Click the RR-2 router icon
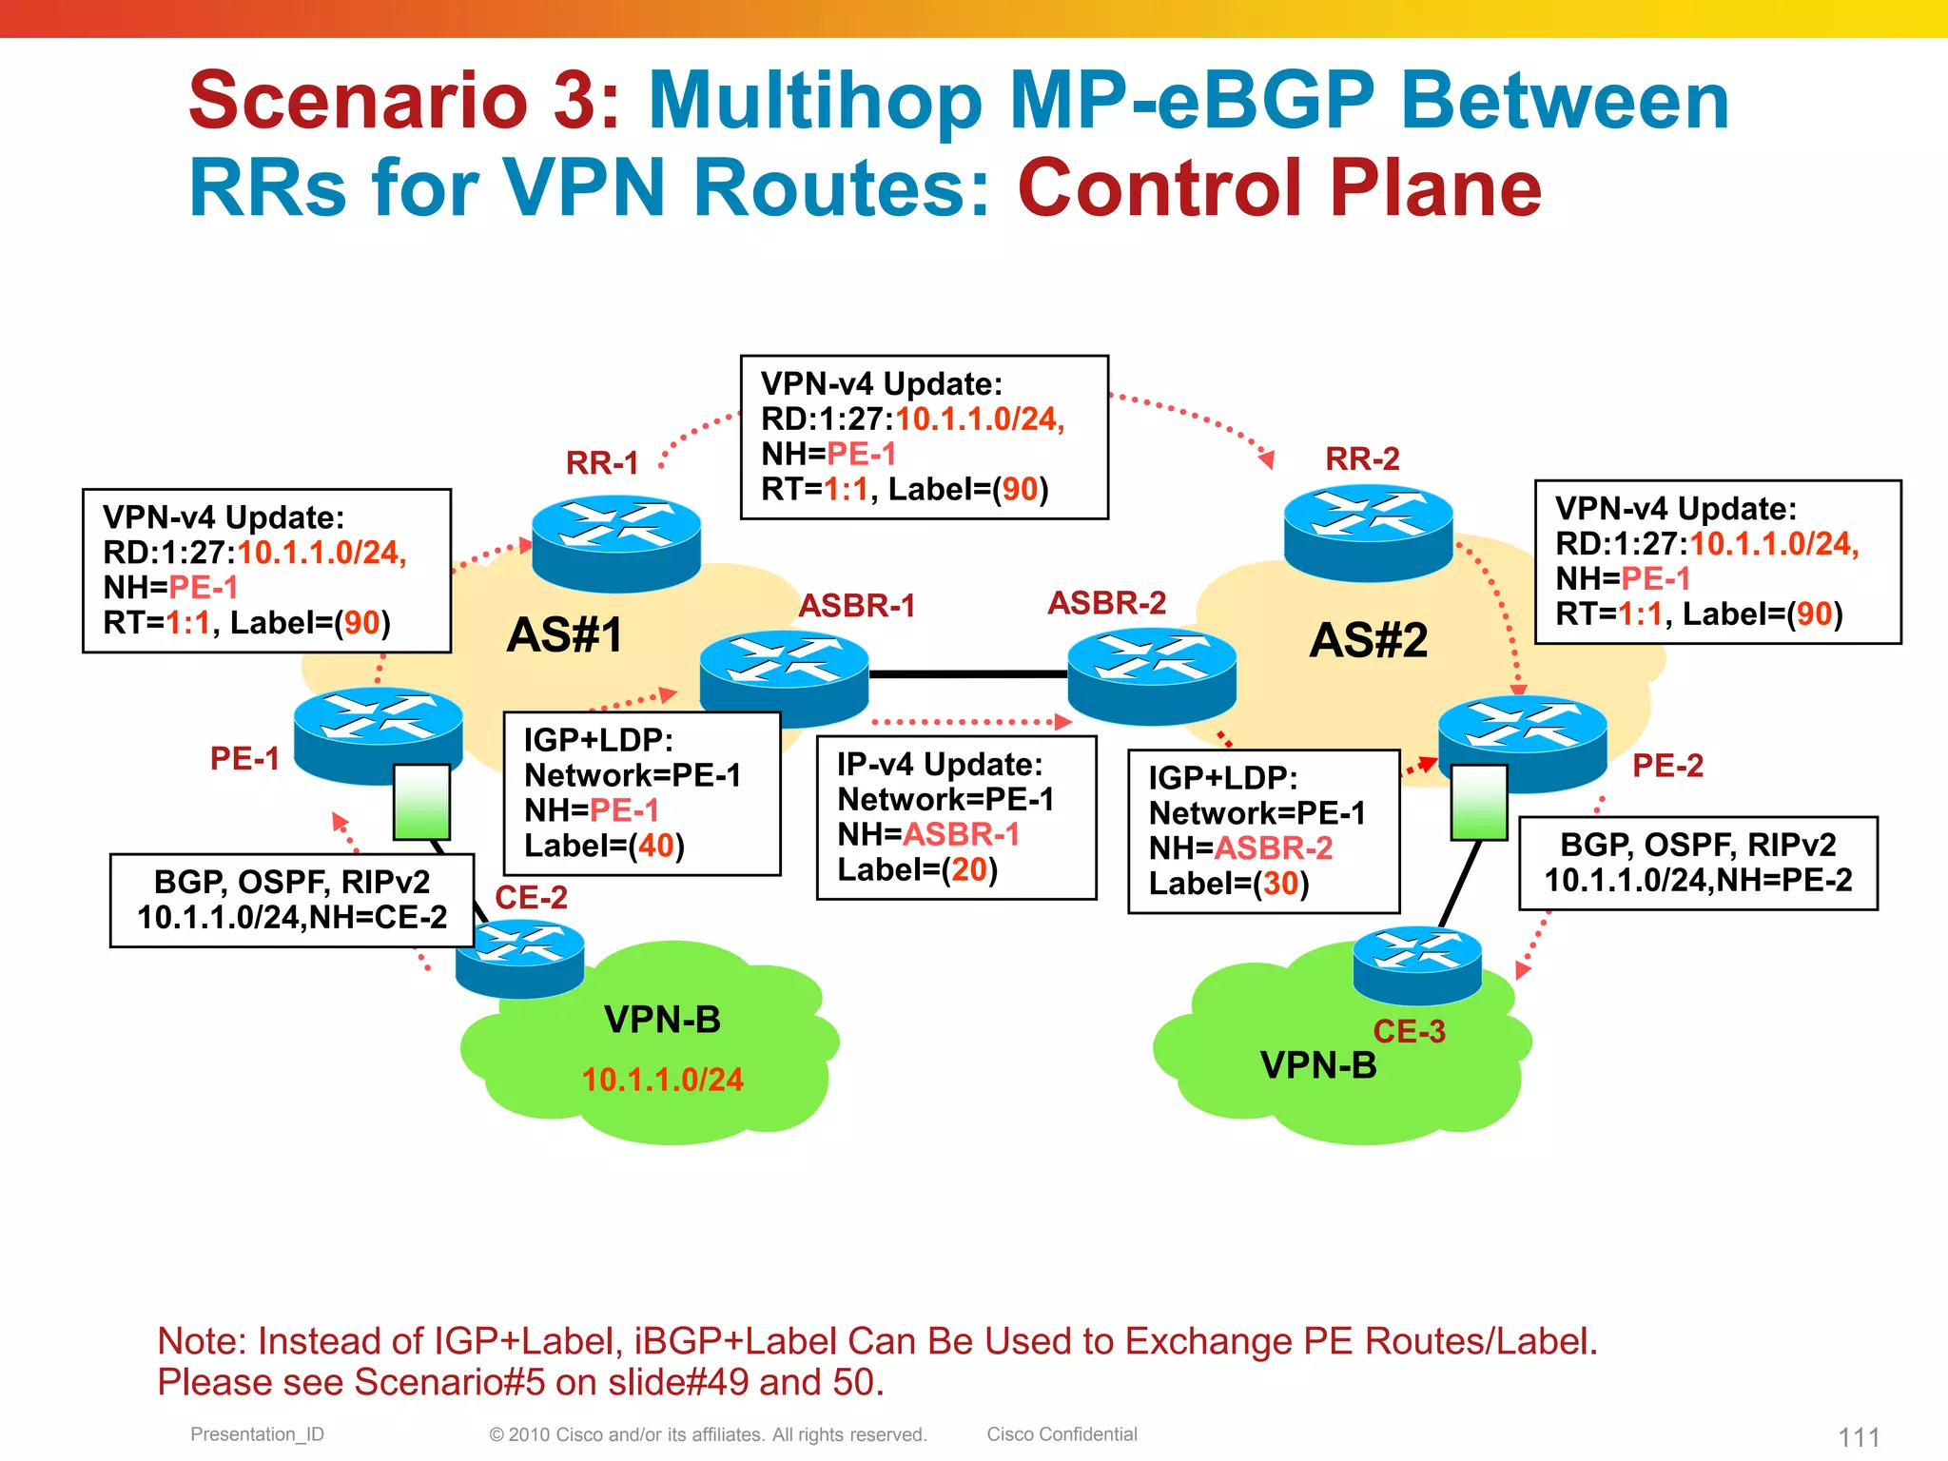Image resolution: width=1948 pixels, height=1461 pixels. coord(1368,533)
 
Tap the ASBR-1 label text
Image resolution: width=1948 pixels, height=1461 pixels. coord(856,606)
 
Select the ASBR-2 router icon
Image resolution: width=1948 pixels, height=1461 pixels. coord(1151,675)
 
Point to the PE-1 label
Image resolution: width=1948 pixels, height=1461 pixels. coord(244,759)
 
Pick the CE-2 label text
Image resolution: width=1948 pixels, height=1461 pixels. coord(531,897)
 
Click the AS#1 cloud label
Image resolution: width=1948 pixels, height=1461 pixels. coord(564,635)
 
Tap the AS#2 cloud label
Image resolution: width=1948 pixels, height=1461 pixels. coord(1368,640)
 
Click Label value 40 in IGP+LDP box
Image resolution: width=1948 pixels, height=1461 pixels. coord(655,846)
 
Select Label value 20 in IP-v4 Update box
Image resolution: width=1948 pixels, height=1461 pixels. coord(969,869)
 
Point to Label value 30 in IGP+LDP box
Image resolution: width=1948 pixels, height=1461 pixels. coord(1280,884)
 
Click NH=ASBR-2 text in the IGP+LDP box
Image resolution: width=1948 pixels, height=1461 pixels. coord(1240,848)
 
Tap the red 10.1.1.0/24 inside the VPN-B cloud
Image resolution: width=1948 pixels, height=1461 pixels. coord(662,1080)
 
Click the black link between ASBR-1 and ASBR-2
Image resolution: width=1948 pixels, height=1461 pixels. coord(967,674)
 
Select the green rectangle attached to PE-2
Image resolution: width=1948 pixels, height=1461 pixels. coord(1478,802)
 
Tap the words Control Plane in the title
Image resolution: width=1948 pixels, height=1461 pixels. coord(1279,188)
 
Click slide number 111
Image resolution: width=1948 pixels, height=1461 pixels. coord(1859,1436)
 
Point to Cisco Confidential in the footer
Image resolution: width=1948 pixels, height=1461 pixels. coord(1062,1434)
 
